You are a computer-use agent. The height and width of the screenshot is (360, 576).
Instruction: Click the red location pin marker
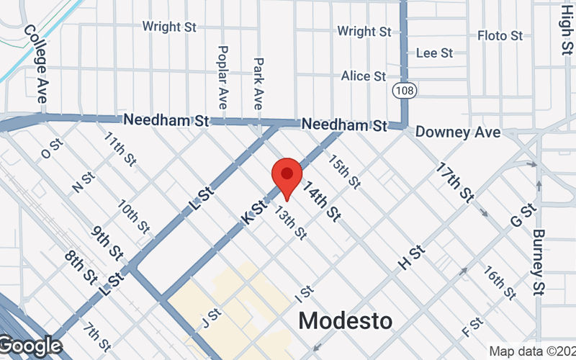coord(287,176)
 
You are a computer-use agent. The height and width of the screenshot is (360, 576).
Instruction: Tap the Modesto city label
coord(346,320)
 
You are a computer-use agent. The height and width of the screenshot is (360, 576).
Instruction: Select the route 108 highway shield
coord(403,90)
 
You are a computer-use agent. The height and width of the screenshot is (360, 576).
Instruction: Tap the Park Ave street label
coord(258,84)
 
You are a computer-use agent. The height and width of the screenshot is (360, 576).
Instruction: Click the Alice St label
coord(364,76)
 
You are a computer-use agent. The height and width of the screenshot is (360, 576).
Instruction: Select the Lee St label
coord(434,53)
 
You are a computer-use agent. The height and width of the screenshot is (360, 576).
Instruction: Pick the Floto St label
coord(500,35)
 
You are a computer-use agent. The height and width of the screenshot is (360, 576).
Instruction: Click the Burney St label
coord(539,262)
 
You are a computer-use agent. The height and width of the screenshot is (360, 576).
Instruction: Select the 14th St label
coord(322,201)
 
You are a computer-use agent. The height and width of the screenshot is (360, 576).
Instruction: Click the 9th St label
coord(107,243)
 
